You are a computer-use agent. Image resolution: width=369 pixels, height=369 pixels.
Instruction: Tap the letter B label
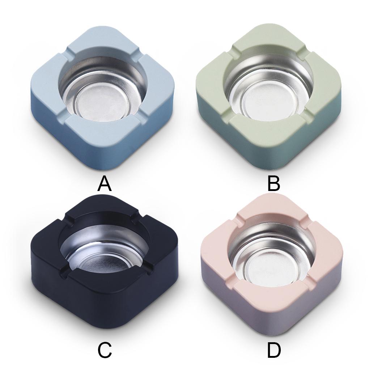point(273,184)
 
